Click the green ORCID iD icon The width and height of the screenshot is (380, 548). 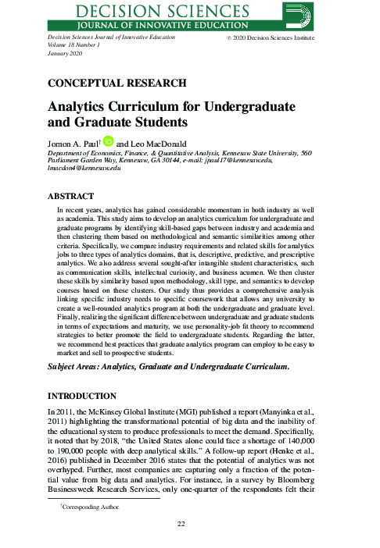click(109, 141)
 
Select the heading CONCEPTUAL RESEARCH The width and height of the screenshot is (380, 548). click(117, 82)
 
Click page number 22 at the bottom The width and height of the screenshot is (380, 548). click(189, 523)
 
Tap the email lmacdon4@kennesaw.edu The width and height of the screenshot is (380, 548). click(84, 169)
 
